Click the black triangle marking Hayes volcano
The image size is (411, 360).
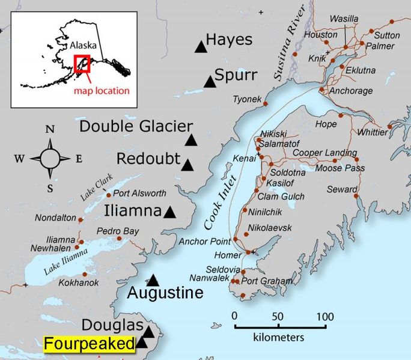[200, 47]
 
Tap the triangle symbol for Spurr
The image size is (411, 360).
[210, 81]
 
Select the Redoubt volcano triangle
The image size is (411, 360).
[187, 165]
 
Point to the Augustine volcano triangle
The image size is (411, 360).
[153, 280]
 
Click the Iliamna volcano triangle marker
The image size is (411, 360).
[170, 212]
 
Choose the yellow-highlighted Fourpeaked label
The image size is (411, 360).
[89, 344]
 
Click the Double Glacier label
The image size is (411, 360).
[136, 126]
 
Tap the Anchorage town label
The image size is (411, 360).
[352, 91]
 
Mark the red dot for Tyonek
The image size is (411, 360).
[265, 105]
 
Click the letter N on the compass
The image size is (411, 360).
[50, 129]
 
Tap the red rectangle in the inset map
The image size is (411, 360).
[82, 64]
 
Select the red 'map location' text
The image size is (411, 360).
[102, 91]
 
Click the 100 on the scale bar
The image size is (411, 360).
[325, 316]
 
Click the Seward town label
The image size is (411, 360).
[342, 189]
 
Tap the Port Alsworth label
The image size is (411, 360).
[138, 194]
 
